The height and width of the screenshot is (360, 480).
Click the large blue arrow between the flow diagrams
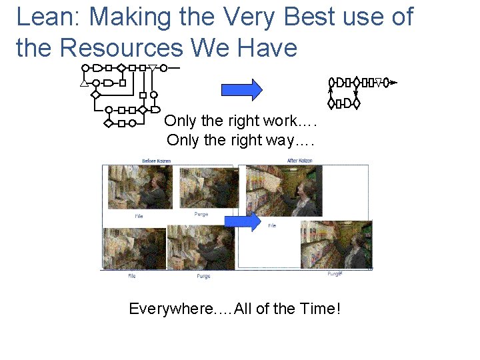click(241, 89)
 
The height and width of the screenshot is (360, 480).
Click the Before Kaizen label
click(157, 161)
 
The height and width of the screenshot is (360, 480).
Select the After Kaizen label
click(301, 161)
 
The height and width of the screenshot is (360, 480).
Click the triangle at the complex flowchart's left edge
click(83, 84)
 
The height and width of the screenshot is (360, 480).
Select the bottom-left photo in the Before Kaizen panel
click(134, 247)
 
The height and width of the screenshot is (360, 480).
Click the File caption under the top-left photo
click(139, 216)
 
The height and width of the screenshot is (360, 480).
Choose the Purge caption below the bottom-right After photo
click(334, 273)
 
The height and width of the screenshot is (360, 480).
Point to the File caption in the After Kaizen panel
click(272, 226)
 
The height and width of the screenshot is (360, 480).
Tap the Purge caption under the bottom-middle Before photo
click(203, 276)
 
